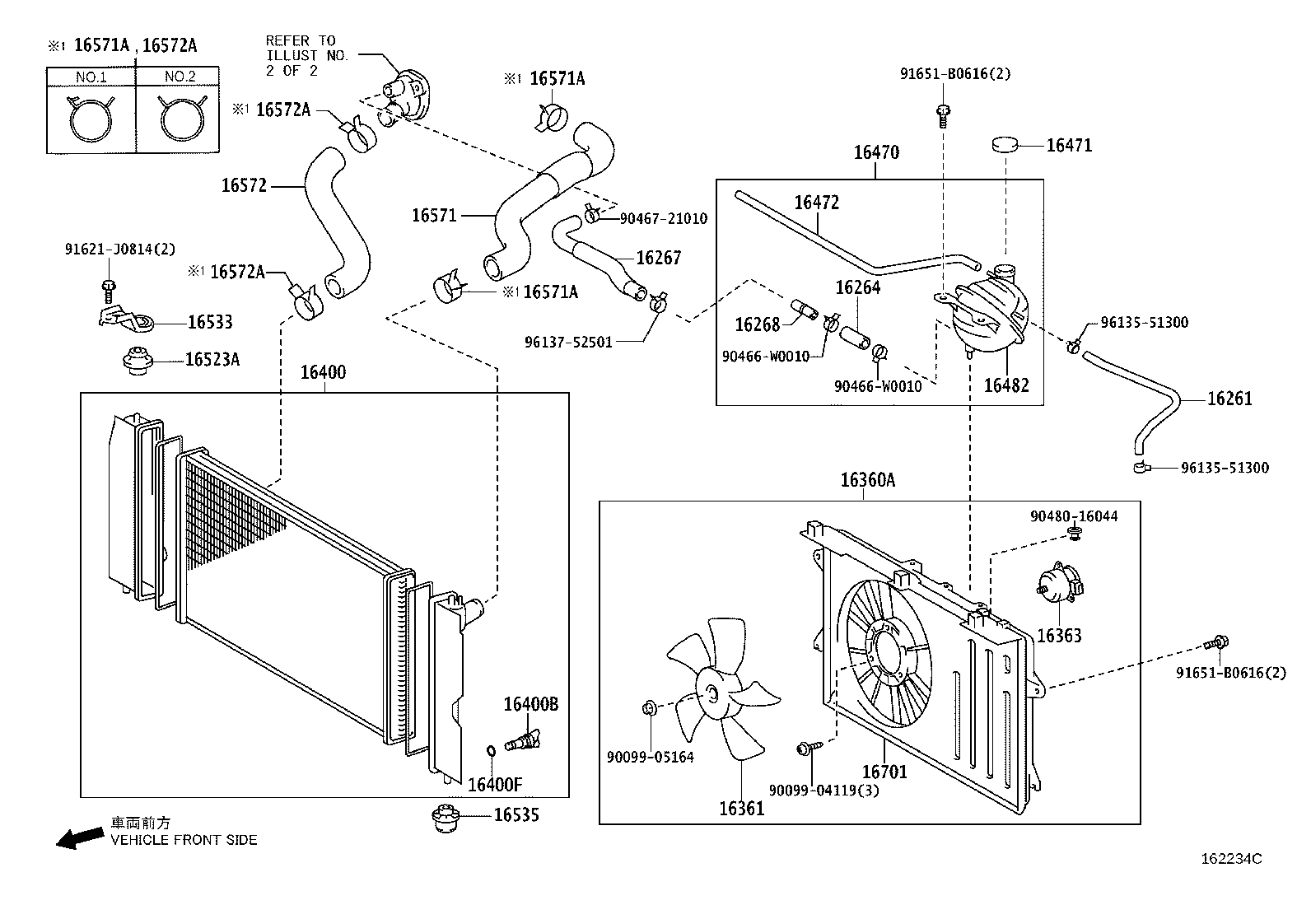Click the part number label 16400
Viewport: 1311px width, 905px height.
pos(323,372)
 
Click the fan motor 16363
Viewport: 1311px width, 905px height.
pos(1058,586)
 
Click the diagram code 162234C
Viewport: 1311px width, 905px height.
pos(1231,859)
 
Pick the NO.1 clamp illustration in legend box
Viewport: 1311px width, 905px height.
pos(90,119)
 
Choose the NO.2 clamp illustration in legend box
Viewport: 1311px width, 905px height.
pos(178,119)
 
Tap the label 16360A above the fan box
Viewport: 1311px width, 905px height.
pos(867,479)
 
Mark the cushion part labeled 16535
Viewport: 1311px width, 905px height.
pos(444,818)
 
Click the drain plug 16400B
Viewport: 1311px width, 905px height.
pos(523,739)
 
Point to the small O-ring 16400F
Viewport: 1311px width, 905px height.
pos(491,750)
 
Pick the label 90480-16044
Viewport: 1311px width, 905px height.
pos(1073,516)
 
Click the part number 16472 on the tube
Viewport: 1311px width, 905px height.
pos(816,203)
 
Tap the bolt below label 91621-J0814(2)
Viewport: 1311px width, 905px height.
pos(109,287)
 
